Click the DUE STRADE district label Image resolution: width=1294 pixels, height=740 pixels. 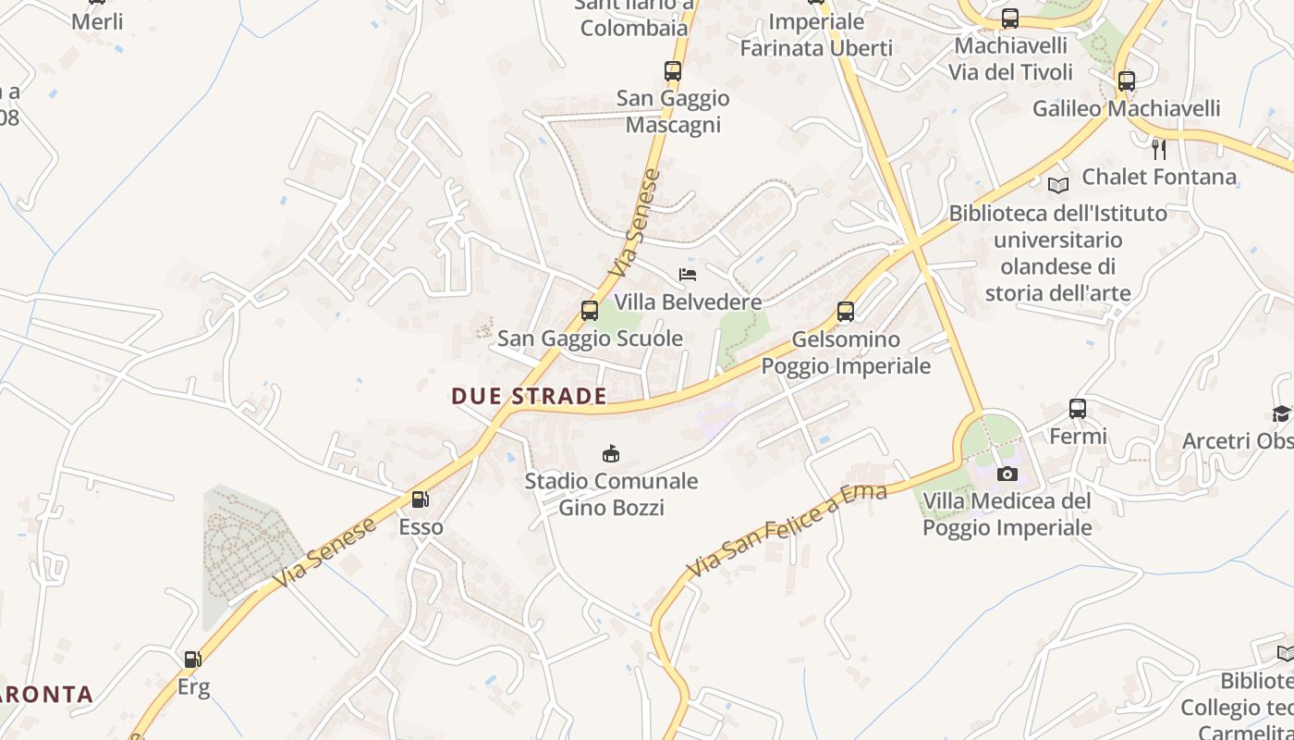pyautogui.click(x=529, y=397)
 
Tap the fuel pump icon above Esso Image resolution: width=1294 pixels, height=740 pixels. pyautogui.click(x=420, y=500)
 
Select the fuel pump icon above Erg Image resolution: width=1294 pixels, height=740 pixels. pyautogui.click(x=193, y=660)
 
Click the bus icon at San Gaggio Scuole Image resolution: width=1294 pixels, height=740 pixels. pyautogui.click(x=590, y=311)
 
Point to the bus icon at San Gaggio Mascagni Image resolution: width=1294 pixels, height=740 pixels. pyautogui.click(x=673, y=71)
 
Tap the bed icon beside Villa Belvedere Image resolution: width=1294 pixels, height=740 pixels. pyautogui.click(x=687, y=275)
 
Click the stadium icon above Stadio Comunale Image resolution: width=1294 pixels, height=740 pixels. pyautogui.click(x=611, y=454)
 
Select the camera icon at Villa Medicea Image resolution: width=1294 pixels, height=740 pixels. pyautogui.click(x=1007, y=475)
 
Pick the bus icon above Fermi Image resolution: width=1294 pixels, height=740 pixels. pyautogui.click(x=1078, y=408)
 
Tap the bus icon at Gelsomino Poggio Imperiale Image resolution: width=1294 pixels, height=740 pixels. pyautogui.click(x=846, y=312)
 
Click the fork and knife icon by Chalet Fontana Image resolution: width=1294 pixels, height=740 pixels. pyautogui.click(x=1159, y=149)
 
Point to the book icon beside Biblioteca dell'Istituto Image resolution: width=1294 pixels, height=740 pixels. pyautogui.click(x=1058, y=185)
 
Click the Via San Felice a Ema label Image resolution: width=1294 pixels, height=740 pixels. pyautogui.click(x=787, y=530)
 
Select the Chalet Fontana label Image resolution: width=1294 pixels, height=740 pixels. pyautogui.click(x=1159, y=177)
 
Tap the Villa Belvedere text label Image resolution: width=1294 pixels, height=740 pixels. pyautogui.click(x=689, y=302)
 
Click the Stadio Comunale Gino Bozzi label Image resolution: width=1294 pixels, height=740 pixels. pyautogui.click(x=611, y=494)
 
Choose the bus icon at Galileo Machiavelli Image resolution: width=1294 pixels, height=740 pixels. pyautogui.click(x=1126, y=81)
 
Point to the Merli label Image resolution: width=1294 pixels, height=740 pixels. pyautogui.click(x=97, y=21)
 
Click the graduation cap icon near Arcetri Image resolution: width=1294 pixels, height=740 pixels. pyautogui.click(x=1281, y=413)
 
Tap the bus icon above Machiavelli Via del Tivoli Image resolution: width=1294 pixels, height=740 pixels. pyautogui.click(x=1010, y=18)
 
